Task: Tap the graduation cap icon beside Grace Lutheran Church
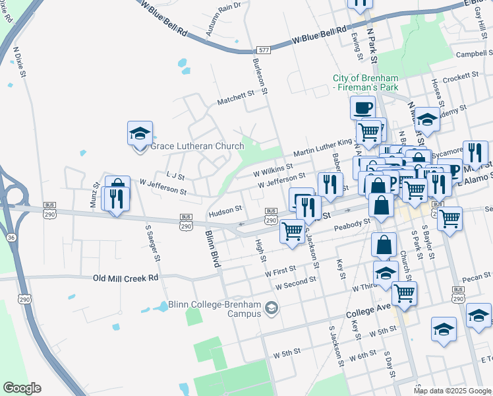click(x=140, y=134)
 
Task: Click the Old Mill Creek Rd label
click(x=126, y=279)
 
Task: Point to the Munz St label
click(x=96, y=196)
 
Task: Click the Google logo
click(x=21, y=388)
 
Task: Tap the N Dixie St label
click(x=20, y=63)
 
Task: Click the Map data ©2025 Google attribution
click(x=451, y=391)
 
